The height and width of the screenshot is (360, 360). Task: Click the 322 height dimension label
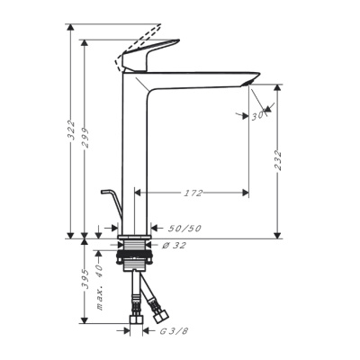tap(71, 130)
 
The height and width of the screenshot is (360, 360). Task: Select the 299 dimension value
tap(85, 138)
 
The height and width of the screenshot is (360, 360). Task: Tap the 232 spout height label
tap(278, 160)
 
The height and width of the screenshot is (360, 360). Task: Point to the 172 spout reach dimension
tap(193, 193)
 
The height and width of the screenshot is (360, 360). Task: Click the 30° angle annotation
tap(257, 116)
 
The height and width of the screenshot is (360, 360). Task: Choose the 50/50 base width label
tap(184, 229)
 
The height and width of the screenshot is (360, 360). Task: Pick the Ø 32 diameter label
tap(174, 246)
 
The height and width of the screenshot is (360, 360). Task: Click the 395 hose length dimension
tap(85, 279)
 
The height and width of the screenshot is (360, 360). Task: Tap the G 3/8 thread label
tap(174, 331)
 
